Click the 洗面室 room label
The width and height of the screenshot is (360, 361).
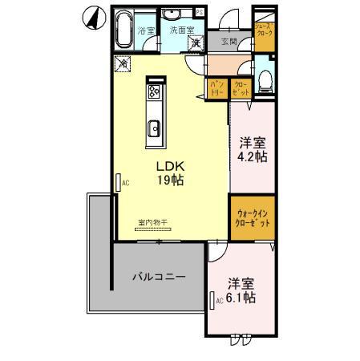click(x=181, y=30)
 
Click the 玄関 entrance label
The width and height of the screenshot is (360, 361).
click(x=229, y=42)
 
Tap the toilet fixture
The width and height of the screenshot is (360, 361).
click(x=266, y=78)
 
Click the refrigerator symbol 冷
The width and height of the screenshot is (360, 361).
click(x=123, y=63)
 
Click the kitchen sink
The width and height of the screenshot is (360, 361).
click(x=155, y=126)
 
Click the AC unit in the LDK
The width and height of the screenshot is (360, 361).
click(x=118, y=182)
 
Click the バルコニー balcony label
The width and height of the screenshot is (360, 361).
click(x=159, y=277)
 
